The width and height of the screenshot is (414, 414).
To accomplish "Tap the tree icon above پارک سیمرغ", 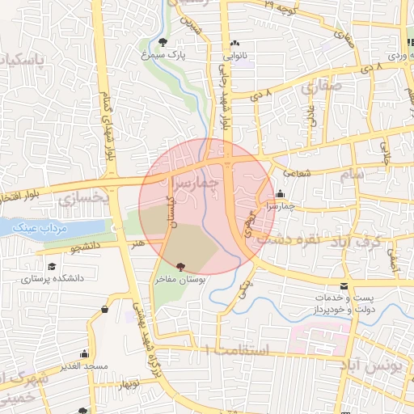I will (x=164, y=41).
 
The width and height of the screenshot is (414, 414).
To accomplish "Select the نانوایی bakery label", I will (x=234, y=57).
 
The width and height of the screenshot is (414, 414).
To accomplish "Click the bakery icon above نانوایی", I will (x=234, y=44).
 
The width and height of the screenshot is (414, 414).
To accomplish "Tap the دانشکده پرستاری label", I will (x=53, y=279).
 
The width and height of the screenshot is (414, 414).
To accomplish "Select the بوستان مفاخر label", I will (x=180, y=279).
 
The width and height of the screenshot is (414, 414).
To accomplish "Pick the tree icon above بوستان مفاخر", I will (x=180, y=266).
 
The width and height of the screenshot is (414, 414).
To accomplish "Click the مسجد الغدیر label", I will (x=84, y=366).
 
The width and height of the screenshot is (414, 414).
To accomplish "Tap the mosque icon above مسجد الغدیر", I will (x=84, y=354).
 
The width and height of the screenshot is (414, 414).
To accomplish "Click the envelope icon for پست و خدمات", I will (x=344, y=287).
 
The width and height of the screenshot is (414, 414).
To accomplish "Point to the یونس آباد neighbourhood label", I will (x=380, y=366).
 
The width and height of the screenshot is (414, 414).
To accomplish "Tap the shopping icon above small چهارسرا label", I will (x=280, y=194).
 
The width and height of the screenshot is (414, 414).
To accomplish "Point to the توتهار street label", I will (x=129, y=385).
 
